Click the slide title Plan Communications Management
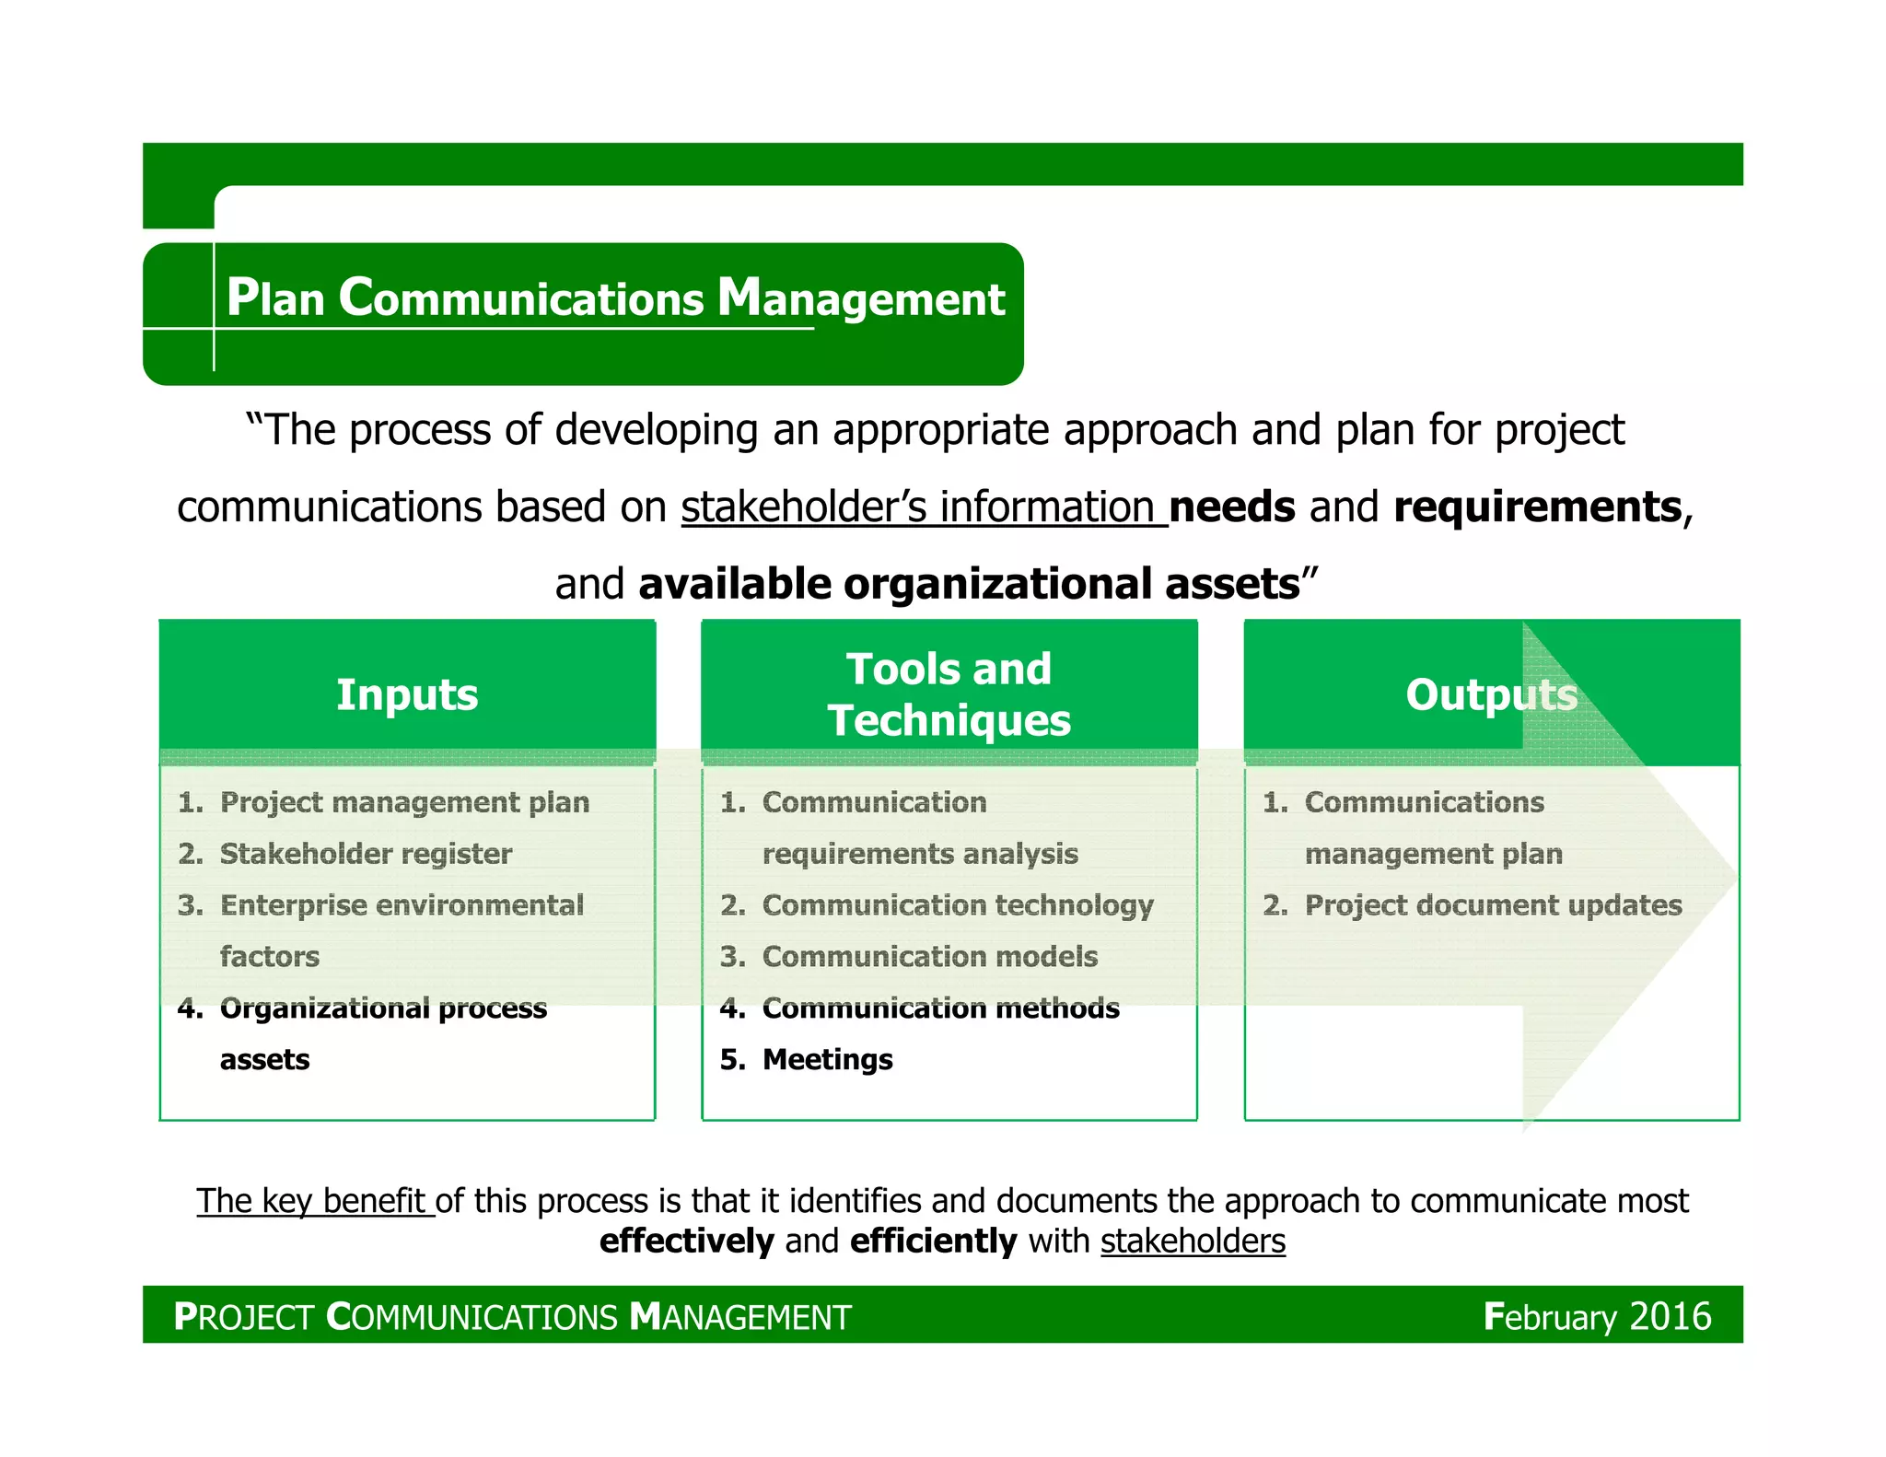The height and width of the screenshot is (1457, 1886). click(615, 298)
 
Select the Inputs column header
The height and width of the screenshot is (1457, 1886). click(407, 694)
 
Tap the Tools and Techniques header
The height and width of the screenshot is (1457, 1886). click(949, 694)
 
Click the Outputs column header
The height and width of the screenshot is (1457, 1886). click(1491, 694)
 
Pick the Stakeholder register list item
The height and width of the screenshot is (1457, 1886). click(366, 854)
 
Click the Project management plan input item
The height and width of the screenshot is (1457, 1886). click(404, 802)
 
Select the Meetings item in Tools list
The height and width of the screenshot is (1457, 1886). click(827, 1059)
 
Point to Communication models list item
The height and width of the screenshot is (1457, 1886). click(930, 957)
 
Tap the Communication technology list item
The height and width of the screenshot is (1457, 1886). click(958, 905)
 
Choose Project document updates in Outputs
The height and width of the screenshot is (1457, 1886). click(1493, 905)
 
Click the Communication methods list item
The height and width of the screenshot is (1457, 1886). click(940, 1008)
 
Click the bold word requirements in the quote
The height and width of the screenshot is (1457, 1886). click(1537, 507)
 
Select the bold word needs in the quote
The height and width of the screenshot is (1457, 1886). click(1231, 507)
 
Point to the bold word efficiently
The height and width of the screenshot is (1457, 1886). click(933, 1241)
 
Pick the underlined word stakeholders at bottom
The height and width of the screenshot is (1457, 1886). click(1193, 1241)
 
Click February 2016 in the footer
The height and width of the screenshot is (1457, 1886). click(1597, 1316)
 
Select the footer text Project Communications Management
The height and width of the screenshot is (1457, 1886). click(512, 1317)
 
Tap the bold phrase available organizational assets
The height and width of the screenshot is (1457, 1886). click(969, 585)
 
